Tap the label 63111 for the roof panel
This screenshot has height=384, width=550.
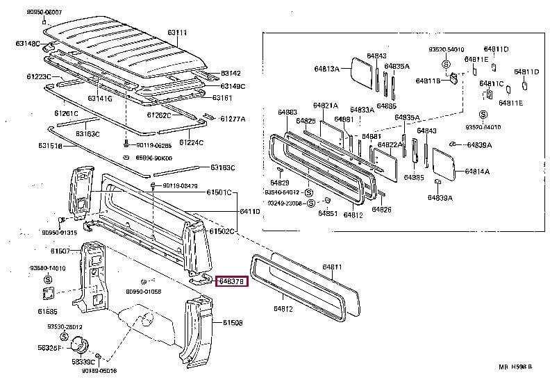[176, 32]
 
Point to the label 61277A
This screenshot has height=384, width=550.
[233, 119]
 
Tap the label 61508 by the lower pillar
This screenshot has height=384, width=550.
[233, 323]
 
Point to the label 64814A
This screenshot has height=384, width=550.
[477, 171]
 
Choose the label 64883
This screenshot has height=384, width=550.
[287, 112]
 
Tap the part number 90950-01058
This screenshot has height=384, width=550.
[144, 292]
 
